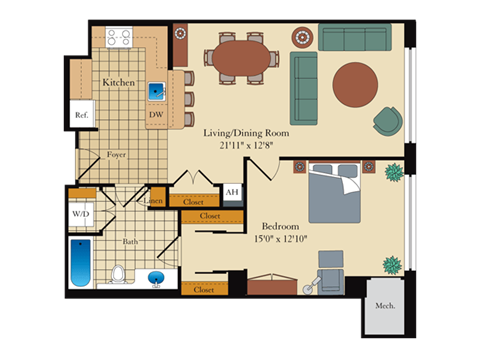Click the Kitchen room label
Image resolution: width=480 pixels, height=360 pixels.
point(120,83)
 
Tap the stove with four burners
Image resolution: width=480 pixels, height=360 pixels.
point(119,38)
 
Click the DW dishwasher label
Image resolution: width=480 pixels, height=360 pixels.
point(155,116)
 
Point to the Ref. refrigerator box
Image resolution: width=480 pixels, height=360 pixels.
point(81,116)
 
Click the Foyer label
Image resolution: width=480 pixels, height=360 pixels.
point(117,155)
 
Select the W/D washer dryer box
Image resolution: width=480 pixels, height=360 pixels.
point(81,214)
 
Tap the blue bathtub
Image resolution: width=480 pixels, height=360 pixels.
point(80,262)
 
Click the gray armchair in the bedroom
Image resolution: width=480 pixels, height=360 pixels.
point(330,270)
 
